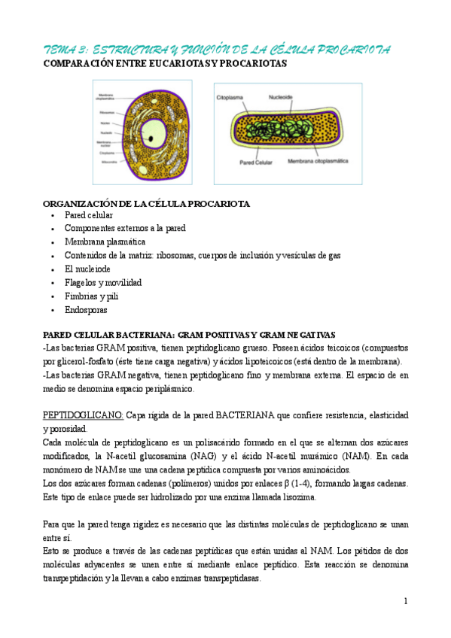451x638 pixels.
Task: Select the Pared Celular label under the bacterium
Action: click(255, 162)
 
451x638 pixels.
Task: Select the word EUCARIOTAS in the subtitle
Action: click(163, 65)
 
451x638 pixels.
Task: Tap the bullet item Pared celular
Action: click(89, 215)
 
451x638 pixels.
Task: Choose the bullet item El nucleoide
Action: click(87, 269)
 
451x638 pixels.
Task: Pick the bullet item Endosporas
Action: click(86, 310)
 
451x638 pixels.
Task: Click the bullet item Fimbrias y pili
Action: click(91, 296)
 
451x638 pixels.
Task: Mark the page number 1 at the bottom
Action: click(405, 601)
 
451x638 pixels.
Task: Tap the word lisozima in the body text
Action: click(298, 497)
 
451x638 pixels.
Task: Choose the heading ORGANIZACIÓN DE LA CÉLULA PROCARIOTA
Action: click(147, 204)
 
